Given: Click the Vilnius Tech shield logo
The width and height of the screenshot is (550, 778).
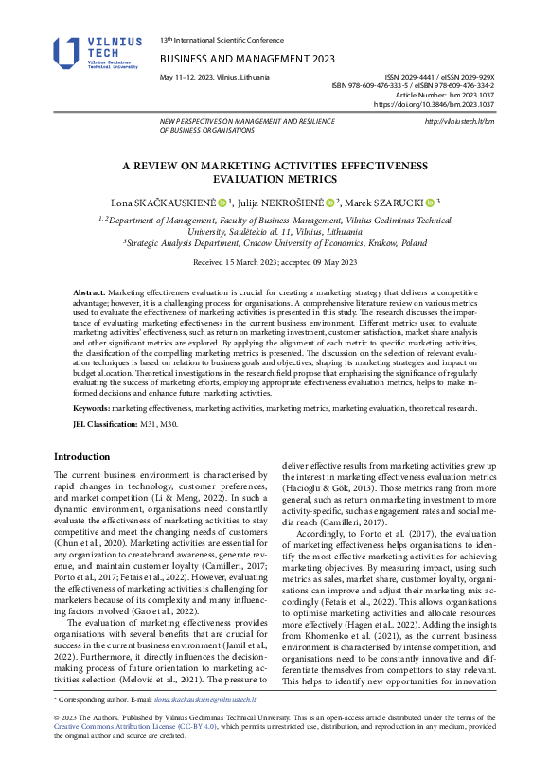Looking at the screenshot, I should click(x=68, y=53).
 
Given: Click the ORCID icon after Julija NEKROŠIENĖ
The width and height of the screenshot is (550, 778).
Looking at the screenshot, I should click(x=330, y=202).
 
